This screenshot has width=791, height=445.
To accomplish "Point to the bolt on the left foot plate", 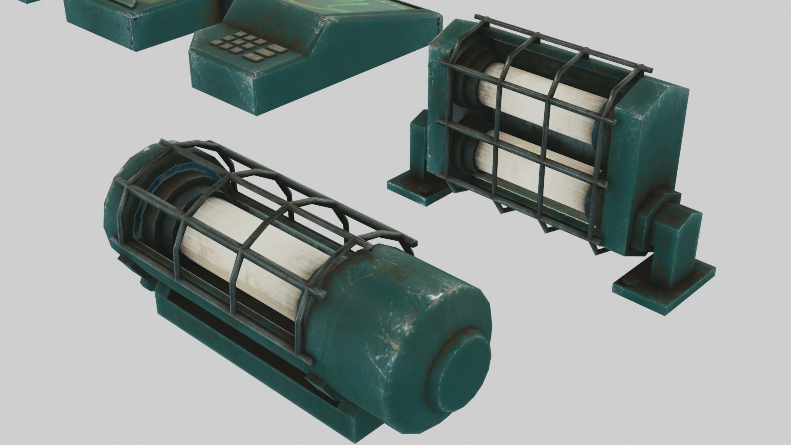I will click(x=423, y=189).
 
